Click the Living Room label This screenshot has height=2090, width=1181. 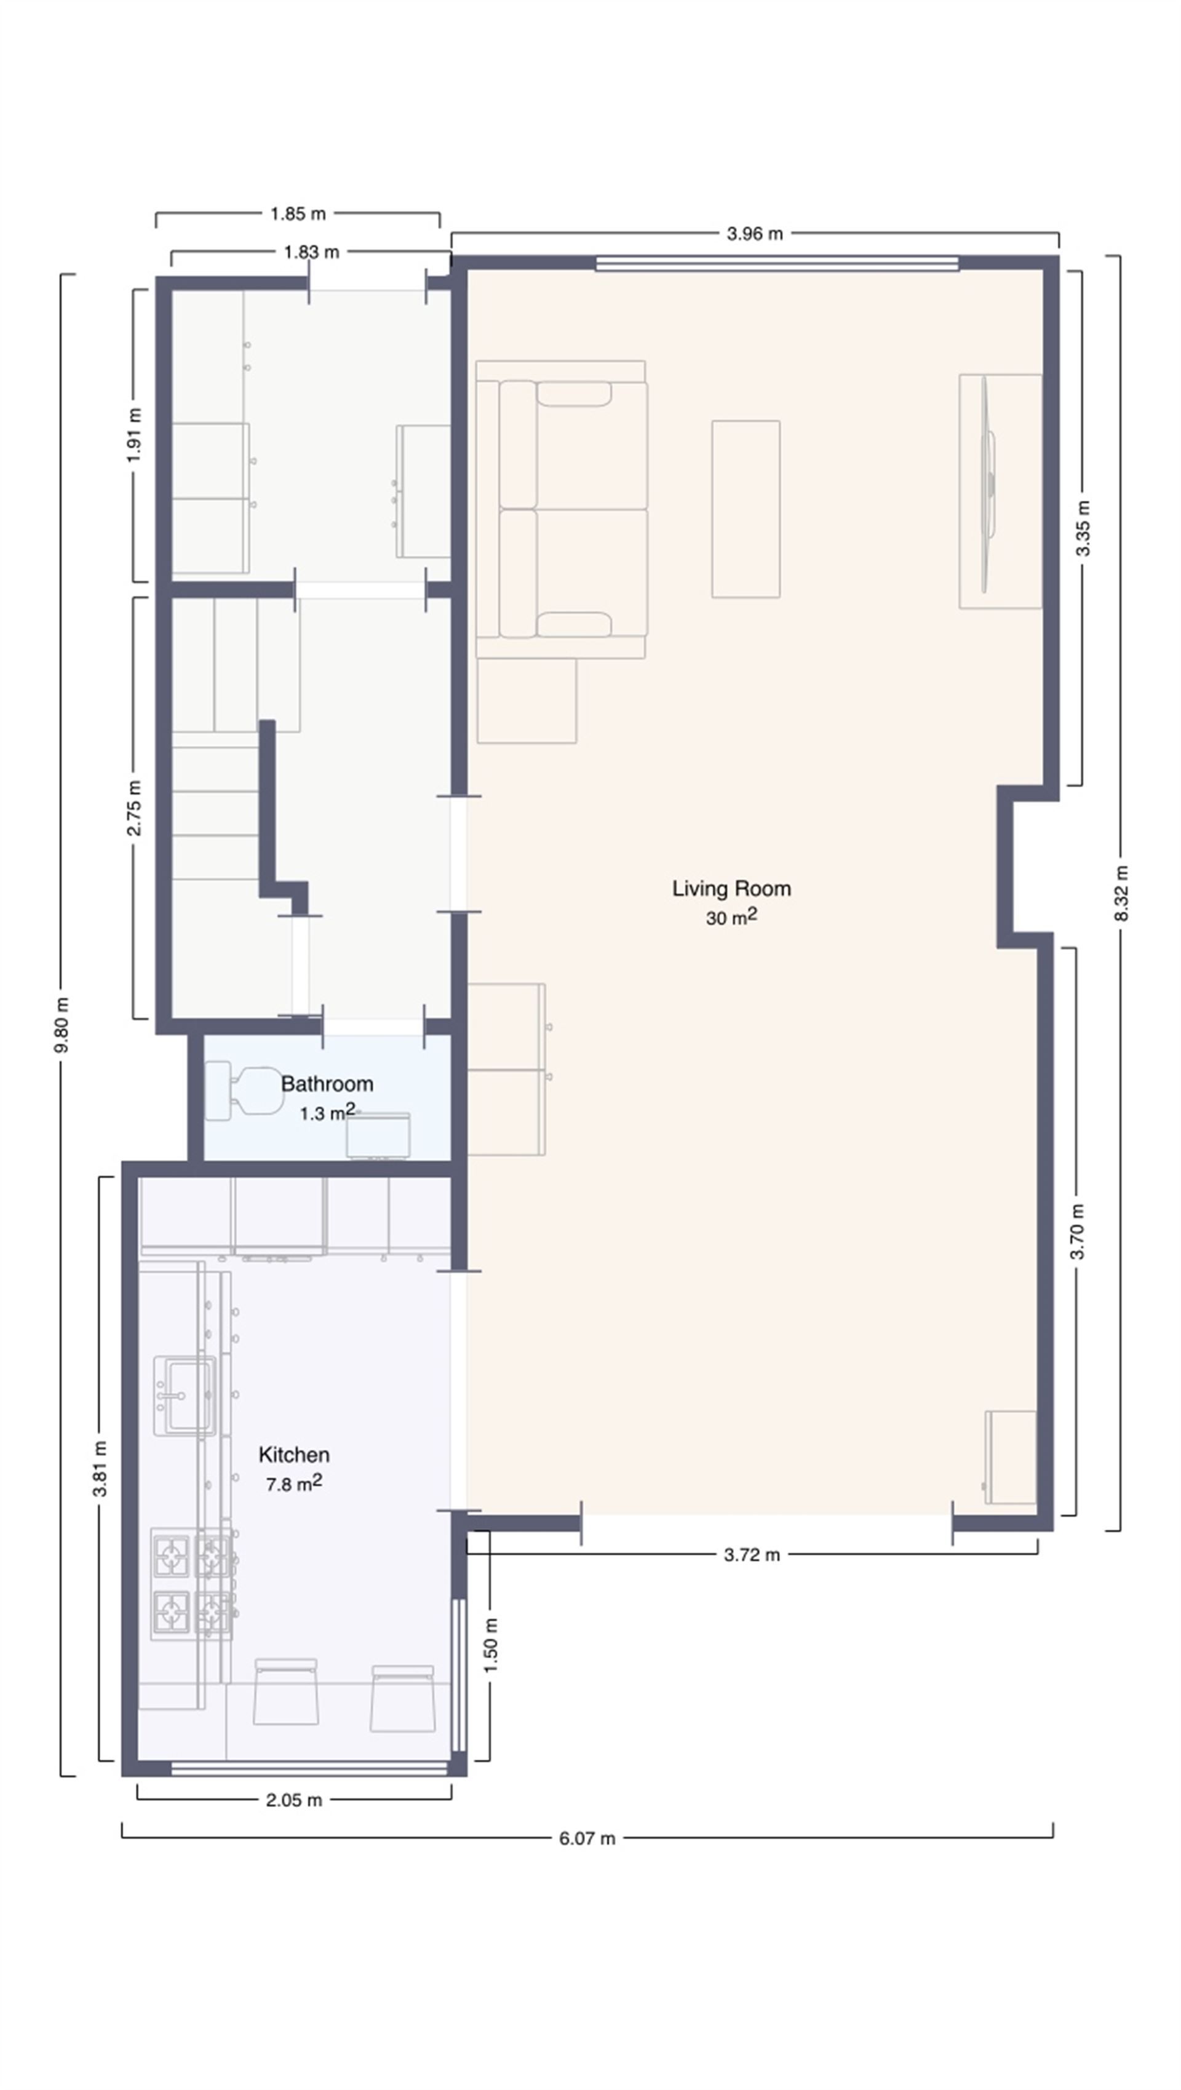(731, 888)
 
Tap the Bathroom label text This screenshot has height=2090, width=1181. (327, 1084)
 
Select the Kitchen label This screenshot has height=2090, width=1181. (293, 1455)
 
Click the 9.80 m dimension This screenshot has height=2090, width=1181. (62, 1025)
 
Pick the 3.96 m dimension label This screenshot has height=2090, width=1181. (754, 234)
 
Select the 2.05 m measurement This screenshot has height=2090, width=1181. (293, 1800)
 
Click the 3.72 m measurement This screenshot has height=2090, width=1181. (751, 1554)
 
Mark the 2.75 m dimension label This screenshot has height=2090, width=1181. (135, 808)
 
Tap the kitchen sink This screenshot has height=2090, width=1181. (186, 1395)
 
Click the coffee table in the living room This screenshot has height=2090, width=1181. (746, 509)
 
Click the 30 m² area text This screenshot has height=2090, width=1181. (731, 918)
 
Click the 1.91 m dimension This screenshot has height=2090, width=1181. (135, 434)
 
